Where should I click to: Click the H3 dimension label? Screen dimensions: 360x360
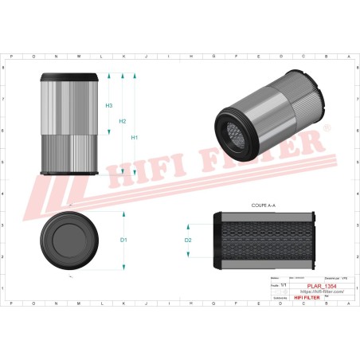(109, 105)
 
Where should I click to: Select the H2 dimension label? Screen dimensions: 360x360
(123, 121)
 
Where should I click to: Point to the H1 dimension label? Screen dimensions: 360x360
(135, 137)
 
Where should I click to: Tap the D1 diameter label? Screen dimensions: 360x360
(123, 240)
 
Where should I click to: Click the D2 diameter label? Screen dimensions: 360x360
(188, 240)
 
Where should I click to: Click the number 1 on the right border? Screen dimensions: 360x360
(356, 288)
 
